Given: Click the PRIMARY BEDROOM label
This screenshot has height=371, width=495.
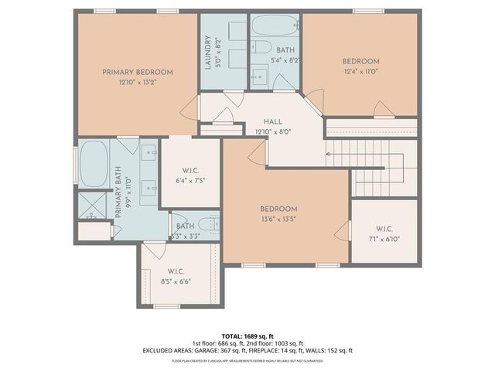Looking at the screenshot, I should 138,72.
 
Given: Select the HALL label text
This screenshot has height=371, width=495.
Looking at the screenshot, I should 272,121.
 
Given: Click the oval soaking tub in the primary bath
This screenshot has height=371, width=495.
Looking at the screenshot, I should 94,164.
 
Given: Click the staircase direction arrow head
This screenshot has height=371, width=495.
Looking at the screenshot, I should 329,155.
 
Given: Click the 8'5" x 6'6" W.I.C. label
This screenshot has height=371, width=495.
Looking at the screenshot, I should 177,275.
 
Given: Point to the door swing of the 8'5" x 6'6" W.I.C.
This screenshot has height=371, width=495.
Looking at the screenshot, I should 155,252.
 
